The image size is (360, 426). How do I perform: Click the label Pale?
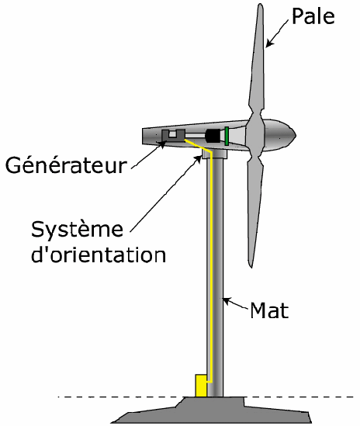(x=313, y=16)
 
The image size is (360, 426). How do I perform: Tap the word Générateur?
(x=66, y=165)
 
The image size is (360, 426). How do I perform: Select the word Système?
(x=77, y=230)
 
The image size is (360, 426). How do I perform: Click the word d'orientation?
(x=99, y=255)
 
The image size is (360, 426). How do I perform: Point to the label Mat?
(x=269, y=310)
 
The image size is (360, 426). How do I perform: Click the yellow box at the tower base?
(x=201, y=385)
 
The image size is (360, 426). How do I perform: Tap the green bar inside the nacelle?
(x=227, y=136)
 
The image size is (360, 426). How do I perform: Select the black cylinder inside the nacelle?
(x=213, y=136)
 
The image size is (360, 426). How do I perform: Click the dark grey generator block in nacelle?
(x=173, y=135)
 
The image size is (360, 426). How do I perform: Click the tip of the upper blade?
(x=260, y=5)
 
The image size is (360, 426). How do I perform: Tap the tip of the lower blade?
(x=251, y=266)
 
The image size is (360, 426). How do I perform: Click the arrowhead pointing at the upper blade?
(x=269, y=43)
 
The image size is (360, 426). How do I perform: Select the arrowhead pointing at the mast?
(x=227, y=300)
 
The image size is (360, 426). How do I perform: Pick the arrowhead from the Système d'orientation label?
(x=199, y=159)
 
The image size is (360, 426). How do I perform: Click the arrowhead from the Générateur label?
(x=162, y=144)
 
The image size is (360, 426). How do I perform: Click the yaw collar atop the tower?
(x=214, y=154)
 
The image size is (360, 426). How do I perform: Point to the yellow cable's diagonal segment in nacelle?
(x=198, y=146)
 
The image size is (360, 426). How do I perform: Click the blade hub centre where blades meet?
(x=255, y=135)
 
